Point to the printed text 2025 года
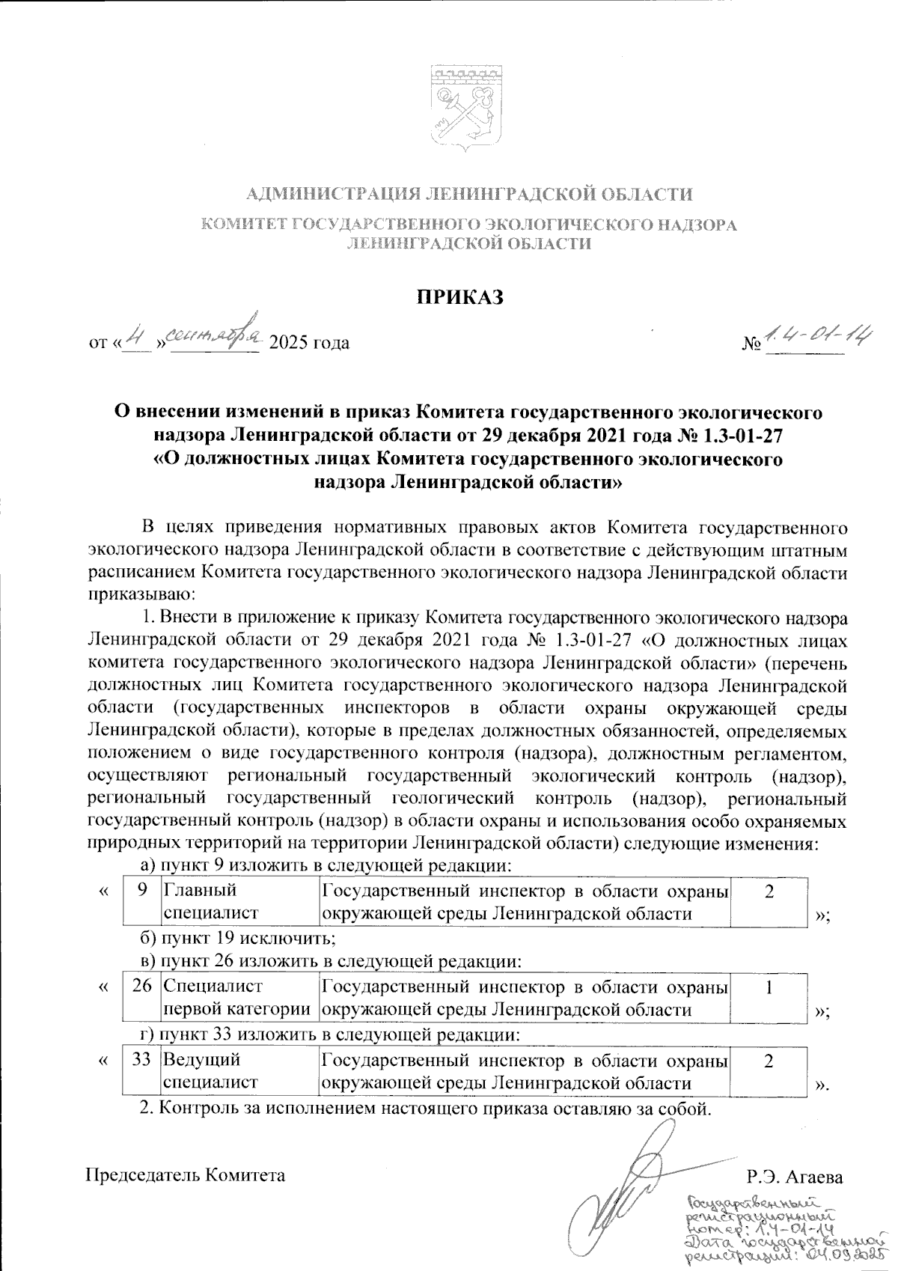click(309, 344)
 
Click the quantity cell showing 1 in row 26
click(769, 999)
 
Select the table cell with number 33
click(141, 1070)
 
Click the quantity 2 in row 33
click(769, 1070)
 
